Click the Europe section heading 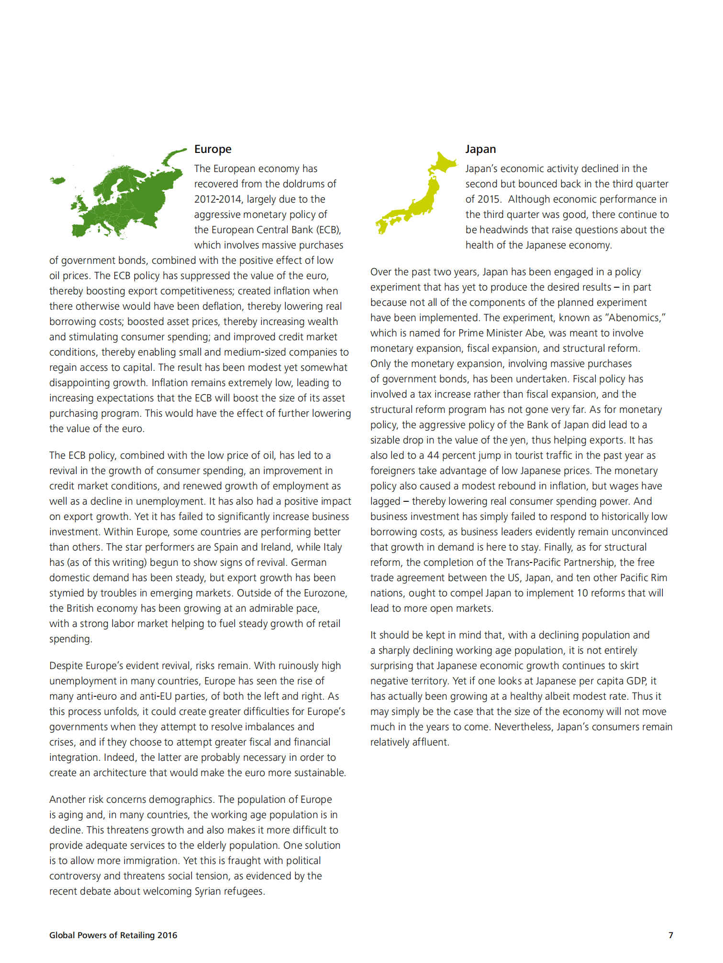tap(212, 149)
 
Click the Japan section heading tap(480, 149)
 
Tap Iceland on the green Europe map tap(58, 180)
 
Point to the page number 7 tap(670, 935)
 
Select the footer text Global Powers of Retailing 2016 tap(113, 935)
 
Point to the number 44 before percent tap(433, 455)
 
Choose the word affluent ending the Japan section tap(430, 742)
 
